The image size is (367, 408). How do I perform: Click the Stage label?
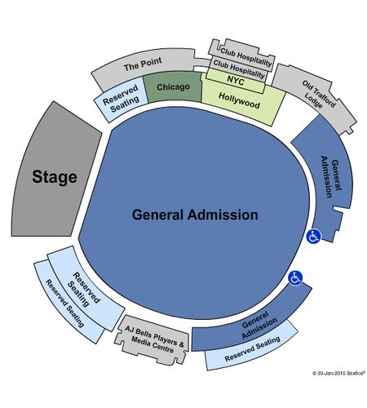[x=55, y=177]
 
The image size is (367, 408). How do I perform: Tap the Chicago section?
[x=174, y=87]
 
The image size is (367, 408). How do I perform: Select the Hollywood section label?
[x=239, y=100]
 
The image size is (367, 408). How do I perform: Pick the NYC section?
[x=236, y=81]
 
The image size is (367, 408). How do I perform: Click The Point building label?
[x=143, y=64]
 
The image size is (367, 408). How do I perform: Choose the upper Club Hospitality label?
[x=245, y=58]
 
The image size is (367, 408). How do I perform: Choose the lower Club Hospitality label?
[x=239, y=69]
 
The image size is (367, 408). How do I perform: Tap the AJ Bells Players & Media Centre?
[x=153, y=340]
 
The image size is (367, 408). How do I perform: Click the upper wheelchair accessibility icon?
[x=313, y=236]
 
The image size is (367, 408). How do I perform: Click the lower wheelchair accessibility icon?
[x=295, y=278]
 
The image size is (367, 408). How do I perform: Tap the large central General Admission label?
[x=195, y=215]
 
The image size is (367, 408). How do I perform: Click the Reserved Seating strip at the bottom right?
[x=251, y=348]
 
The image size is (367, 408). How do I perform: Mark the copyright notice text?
[x=338, y=373]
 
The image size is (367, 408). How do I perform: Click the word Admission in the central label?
[x=223, y=215]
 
